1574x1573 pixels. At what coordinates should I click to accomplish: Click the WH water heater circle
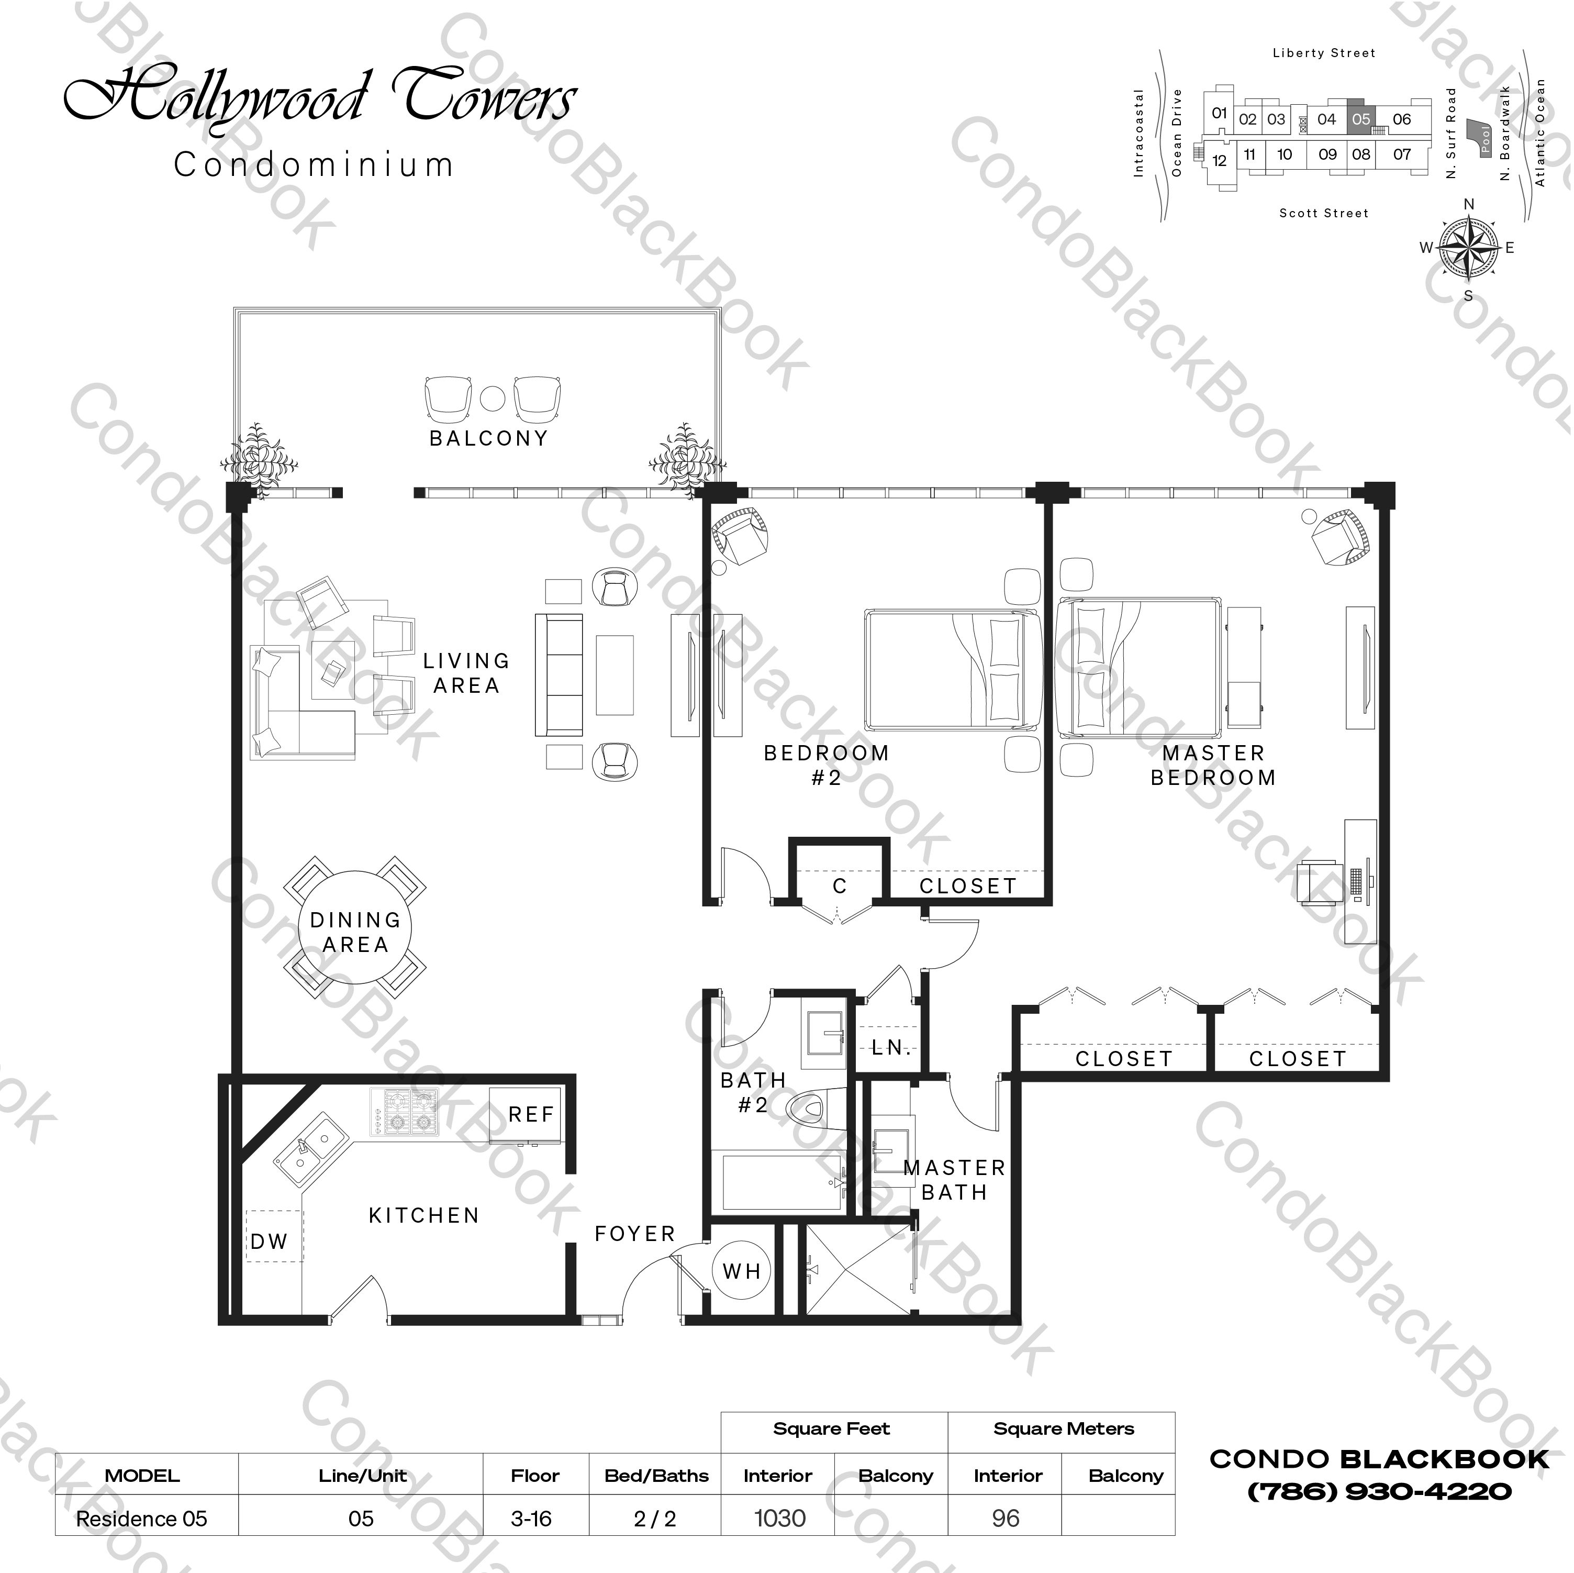click(741, 1271)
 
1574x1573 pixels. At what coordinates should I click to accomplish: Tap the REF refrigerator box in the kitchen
click(526, 1114)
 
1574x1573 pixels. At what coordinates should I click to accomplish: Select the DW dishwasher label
click(270, 1242)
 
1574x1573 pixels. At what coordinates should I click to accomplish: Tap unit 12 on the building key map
click(1219, 161)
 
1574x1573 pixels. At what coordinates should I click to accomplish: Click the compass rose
click(1468, 247)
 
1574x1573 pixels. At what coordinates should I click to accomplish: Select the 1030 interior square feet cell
click(779, 1519)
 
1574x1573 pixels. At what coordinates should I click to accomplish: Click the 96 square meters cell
click(1006, 1519)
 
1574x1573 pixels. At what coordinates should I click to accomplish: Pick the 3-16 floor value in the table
click(531, 1519)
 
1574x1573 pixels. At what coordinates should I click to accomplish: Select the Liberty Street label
click(1324, 53)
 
